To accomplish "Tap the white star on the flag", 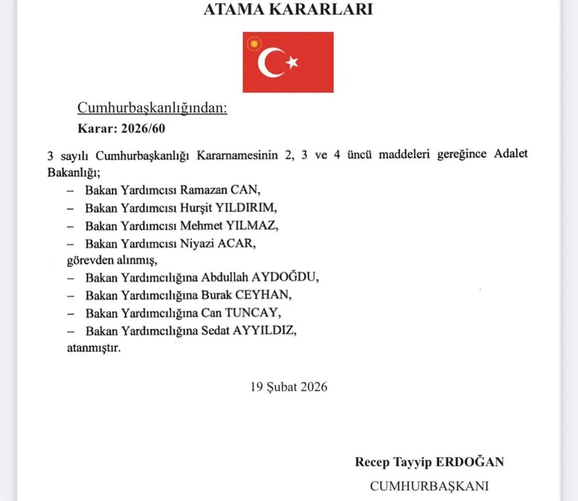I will [293, 62].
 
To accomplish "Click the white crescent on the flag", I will [270, 62].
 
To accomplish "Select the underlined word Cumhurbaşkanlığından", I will [152, 107].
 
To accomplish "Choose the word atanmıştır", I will [92, 348].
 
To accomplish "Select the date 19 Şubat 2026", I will [289, 387].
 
